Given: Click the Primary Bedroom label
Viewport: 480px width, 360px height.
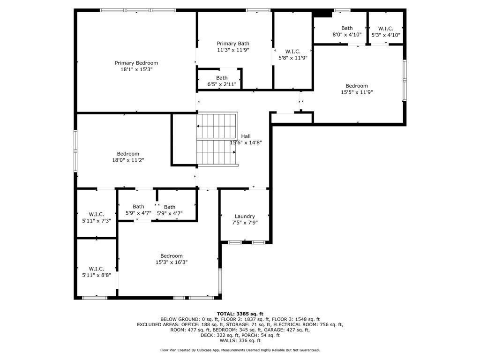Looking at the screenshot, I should coord(136,63).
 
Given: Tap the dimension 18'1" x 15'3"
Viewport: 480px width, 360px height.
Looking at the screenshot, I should coord(136,69).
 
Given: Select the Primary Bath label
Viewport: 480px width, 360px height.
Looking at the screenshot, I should coord(233,43).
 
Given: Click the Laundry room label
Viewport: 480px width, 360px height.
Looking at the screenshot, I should coord(244,216).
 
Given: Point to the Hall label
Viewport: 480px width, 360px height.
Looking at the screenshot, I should coord(246,136).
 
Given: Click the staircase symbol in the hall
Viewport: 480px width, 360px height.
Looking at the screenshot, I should coord(217,139).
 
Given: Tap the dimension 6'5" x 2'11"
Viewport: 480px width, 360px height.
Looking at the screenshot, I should coord(222,84).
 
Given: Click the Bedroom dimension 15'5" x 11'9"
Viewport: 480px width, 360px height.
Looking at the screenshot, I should coord(357,92).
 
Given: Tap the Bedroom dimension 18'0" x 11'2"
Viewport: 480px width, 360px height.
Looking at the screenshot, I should coord(128,160).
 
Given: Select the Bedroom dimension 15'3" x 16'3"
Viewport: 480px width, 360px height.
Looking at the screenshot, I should coord(171,262).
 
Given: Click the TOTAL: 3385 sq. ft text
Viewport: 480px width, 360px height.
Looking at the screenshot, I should coord(240,314).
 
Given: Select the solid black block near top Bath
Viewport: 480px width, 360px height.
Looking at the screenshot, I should coord(322,14).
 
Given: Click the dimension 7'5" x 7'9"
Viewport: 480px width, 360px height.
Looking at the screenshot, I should coord(244,223).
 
